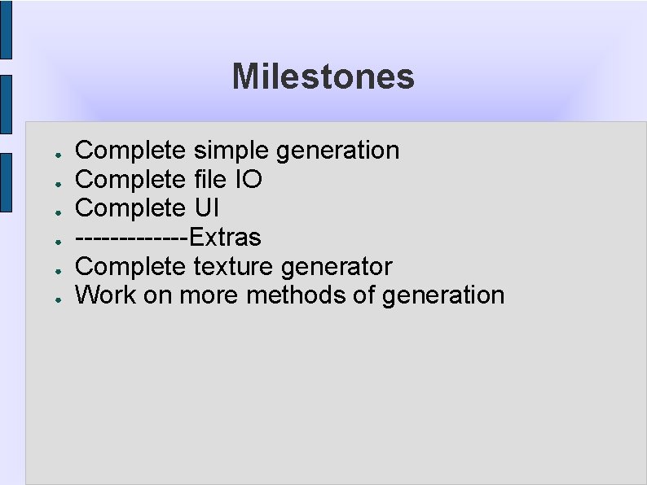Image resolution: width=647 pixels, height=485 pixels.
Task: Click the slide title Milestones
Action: pyautogui.click(x=323, y=77)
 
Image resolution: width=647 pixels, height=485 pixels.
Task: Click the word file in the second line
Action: pyautogui.click(x=210, y=179)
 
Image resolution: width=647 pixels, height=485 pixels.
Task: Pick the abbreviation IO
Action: pyautogui.click(x=248, y=179)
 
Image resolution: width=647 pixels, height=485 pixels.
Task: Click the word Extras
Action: pyautogui.click(x=225, y=238)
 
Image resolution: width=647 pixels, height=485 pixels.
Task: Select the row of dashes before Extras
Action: pyautogui.click(x=131, y=238)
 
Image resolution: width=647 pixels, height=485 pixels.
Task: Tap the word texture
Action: pyautogui.click(x=233, y=266)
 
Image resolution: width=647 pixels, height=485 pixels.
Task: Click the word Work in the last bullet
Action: pyautogui.click(x=106, y=295)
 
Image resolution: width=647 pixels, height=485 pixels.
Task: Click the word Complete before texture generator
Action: pyautogui.click(x=130, y=266)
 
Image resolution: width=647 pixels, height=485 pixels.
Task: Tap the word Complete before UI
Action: pyautogui.click(x=130, y=208)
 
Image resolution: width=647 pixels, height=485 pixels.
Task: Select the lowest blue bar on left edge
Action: pyautogui.click(x=6, y=182)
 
